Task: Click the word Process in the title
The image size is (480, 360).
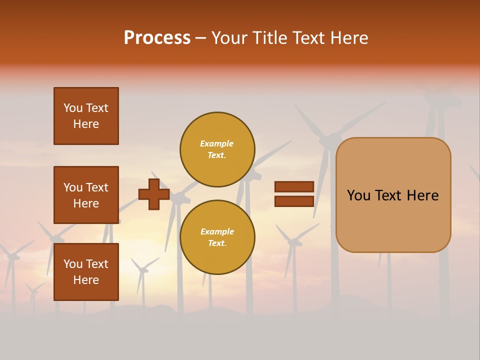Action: tap(157, 38)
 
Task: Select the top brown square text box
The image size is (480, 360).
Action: tap(86, 116)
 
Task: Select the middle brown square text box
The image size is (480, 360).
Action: tap(86, 195)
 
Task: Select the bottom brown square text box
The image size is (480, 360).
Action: tap(86, 272)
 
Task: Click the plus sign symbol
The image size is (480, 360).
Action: tap(154, 194)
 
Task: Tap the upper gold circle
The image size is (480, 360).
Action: tap(217, 149)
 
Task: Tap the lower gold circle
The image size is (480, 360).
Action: tap(217, 237)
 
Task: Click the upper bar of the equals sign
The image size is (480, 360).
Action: tap(294, 186)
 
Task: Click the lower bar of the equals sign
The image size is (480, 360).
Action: tap(294, 201)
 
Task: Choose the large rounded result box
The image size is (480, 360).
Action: tap(393, 195)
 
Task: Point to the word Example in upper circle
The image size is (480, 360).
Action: tap(216, 143)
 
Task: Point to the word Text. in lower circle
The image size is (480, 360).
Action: tap(216, 243)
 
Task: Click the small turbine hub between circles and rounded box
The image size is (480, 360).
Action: tap(293, 242)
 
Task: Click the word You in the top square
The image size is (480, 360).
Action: tap(73, 108)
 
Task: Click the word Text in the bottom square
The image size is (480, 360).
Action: tap(97, 264)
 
